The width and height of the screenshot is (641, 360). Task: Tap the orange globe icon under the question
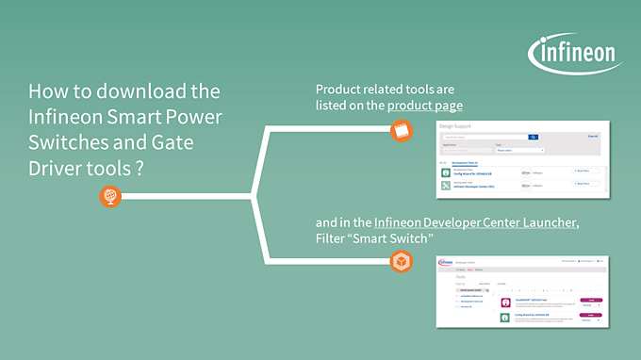coord(110,197)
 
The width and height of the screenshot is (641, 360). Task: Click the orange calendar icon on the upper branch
coord(403,132)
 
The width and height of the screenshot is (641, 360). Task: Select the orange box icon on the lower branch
coord(403,261)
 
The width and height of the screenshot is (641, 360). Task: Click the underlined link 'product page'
coord(425,105)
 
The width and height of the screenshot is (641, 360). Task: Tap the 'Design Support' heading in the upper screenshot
coord(459,126)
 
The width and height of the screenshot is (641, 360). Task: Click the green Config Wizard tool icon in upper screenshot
coord(447,172)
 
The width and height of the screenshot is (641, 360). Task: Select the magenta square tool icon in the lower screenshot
coord(505,302)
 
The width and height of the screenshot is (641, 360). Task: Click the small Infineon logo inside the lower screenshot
coord(445,261)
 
